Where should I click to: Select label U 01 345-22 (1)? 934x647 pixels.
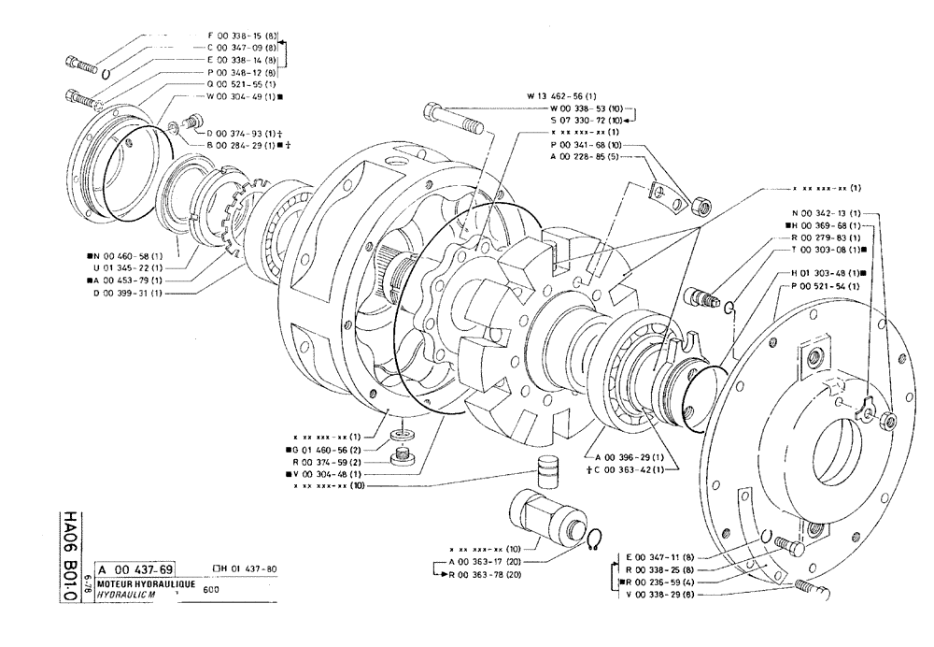(x=126, y=267)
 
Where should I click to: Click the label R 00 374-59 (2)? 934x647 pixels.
(x=326, y=461)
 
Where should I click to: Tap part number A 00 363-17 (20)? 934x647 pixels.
(x=486, y=561)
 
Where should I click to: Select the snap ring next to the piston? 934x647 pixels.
(x=594, y=541)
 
